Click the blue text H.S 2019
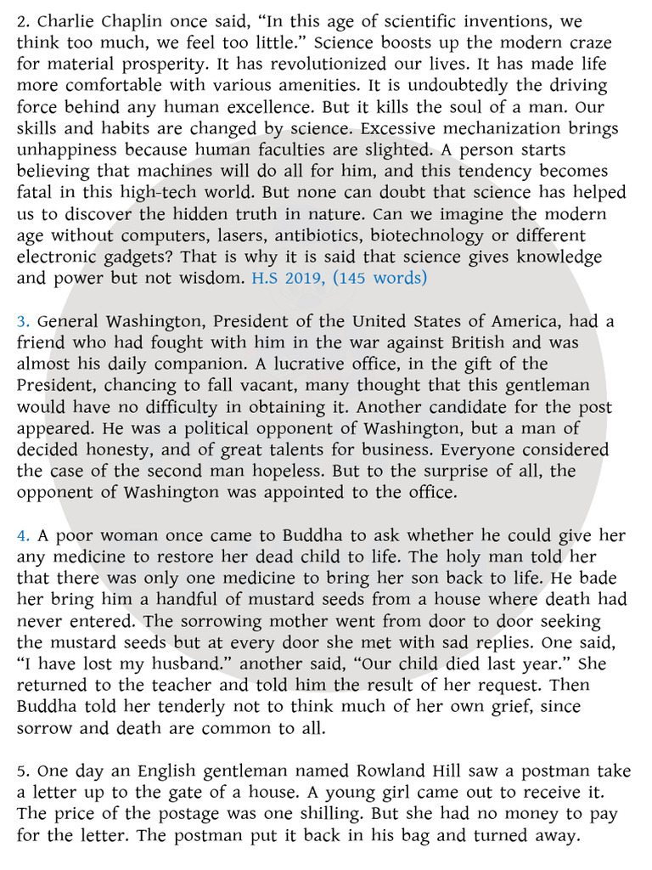[286, 278]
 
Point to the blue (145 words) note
[381, 278]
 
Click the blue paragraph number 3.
[23, 321]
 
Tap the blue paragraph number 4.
[23, 536]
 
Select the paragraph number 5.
[23, 771]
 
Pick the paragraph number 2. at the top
[23, 19]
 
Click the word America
[534, 321]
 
